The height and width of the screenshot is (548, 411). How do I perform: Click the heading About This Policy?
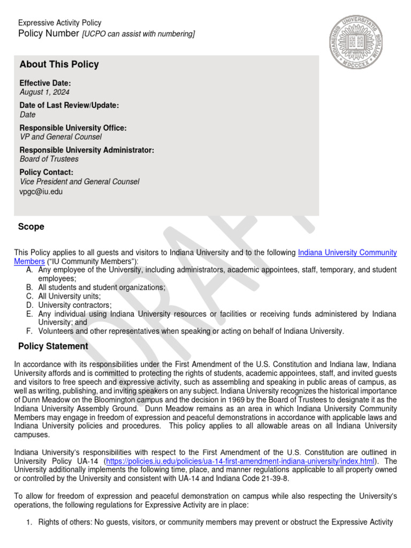pos(59,65)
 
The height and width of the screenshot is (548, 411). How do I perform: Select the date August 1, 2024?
pos(44,92)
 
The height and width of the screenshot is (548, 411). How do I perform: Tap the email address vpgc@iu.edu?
pos(41,192)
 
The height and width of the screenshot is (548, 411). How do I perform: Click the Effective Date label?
pos(45,83)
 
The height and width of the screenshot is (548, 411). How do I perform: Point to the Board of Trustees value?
pos(49,159)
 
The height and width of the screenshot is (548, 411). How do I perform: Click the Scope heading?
pos(32,227)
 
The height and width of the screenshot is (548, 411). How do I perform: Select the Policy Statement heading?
pos(54,346)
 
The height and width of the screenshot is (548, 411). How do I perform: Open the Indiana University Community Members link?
pos(347,252)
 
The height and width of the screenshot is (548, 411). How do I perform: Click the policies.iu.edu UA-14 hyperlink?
pos(240,461)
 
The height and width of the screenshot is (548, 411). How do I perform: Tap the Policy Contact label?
pos(47,172)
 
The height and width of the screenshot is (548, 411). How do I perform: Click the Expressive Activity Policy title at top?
pos(60,23)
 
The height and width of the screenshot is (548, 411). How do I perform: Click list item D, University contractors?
pos(75,305)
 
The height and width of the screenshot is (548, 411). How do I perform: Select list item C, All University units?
pos(70,296)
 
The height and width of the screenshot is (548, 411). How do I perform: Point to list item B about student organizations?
pos(102,287)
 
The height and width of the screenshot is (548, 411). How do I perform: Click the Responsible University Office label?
pos(73,128)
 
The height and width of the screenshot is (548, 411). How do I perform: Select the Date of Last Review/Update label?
pos(69,105)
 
